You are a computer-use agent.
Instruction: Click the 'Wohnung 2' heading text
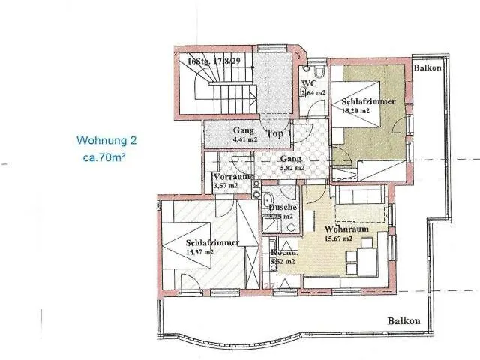[x=106, y=140]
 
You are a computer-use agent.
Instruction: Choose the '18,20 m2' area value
[x=355, y=110]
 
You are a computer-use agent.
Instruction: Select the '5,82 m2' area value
[x=292, y=169]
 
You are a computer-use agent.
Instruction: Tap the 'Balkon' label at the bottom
[x=403, y=321]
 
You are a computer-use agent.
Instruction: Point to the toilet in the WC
[x=319, y=74]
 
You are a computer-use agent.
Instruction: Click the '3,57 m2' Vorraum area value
[x=225, y=186]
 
